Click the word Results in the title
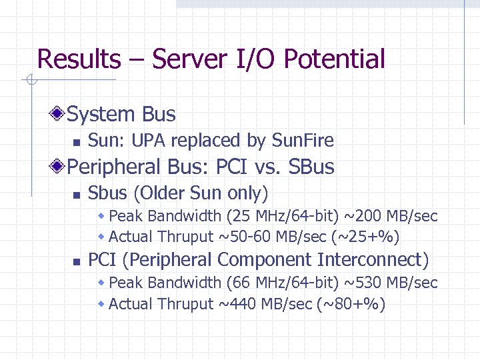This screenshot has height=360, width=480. (79, 59)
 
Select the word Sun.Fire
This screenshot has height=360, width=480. (303, 141)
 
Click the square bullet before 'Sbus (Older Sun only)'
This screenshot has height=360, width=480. (77, 195)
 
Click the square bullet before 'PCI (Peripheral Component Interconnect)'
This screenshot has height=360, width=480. (77, 261)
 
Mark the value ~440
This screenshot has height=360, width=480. (236, 304)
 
